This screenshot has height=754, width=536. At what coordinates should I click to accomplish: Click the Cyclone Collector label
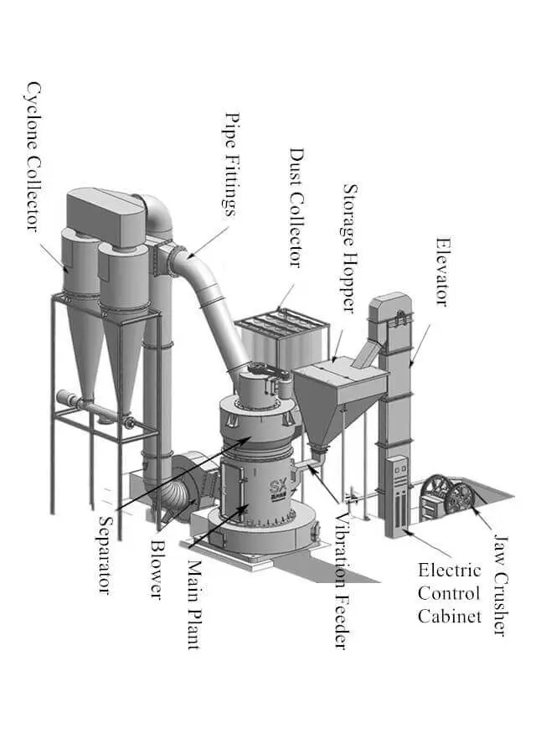[x=33, y=156]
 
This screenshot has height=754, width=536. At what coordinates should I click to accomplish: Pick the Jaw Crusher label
[x=499, y=585]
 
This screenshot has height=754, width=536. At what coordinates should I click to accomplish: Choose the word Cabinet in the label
[x=451, y=616]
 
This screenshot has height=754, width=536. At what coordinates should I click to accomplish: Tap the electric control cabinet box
[x=400, y=494]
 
